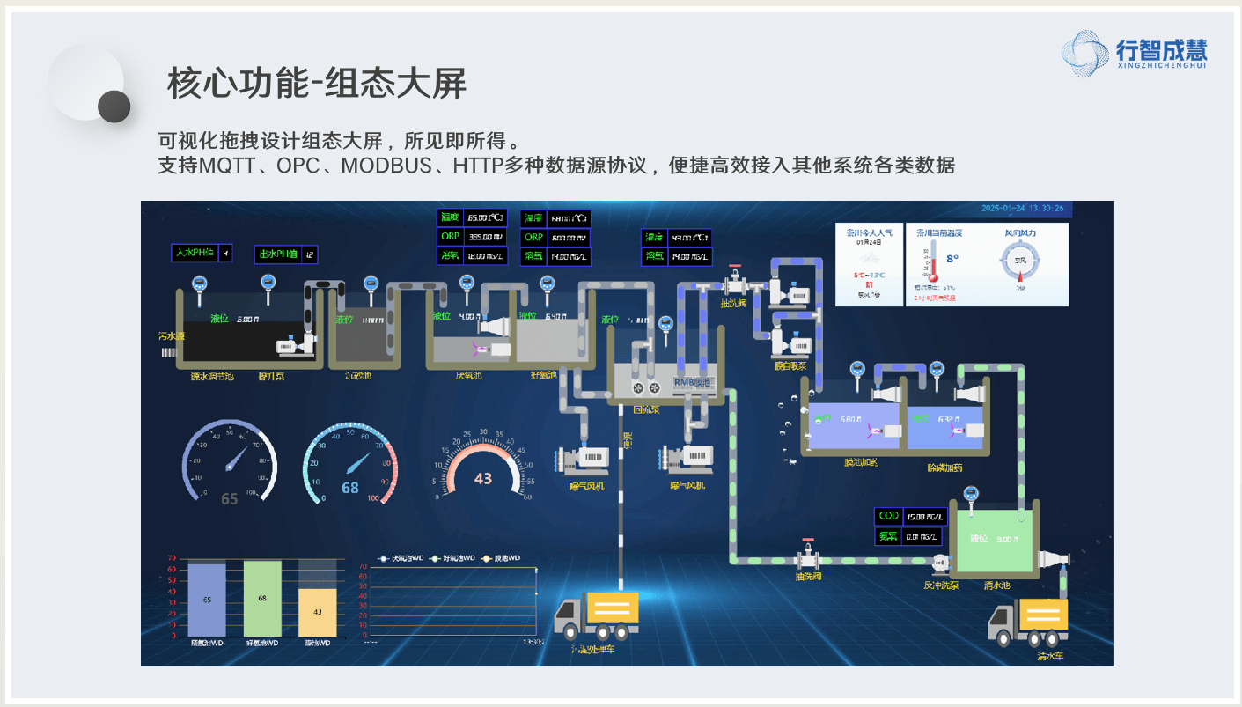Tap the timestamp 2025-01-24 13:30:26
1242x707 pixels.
pyautogui.click(x=1022, y=209)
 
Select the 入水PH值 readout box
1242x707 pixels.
pyautogui.click(x=202, y=254)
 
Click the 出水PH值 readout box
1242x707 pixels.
pyautogui.click(x=286, y=255)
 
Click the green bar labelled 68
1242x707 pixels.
pyautogui.click(x=262, y=598)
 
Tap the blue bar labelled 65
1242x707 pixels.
pyautogui.click(x=207, y=600)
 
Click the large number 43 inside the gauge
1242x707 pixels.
pyautogui.click(x=483, y=479)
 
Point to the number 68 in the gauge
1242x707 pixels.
pyautogui.click(x=350, y=488)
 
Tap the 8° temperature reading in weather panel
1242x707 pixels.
pyautogui.click(x=952, y=259)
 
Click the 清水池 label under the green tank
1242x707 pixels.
pyautogui.click(x=996, y=585)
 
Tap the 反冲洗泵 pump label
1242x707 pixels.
pyautogui.click(x=941, y=585)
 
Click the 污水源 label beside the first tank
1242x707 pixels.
pyautogui.click(x=171, y=336)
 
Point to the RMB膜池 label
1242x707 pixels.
pyautogui.click(x=691, y=382)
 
